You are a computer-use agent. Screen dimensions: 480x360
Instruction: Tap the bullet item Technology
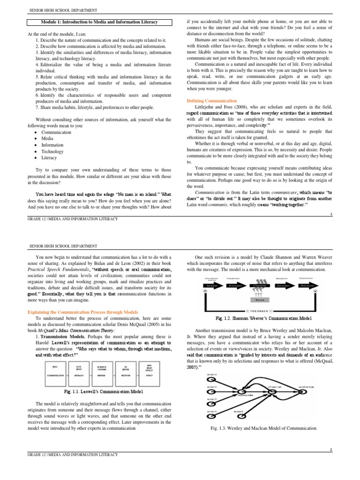(x=52, y=151)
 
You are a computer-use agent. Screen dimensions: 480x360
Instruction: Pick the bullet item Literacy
(x=50, y=158)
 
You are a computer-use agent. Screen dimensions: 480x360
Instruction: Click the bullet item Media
(x=47, y=139)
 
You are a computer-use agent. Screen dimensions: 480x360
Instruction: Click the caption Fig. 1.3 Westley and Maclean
(x=264, y=428)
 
